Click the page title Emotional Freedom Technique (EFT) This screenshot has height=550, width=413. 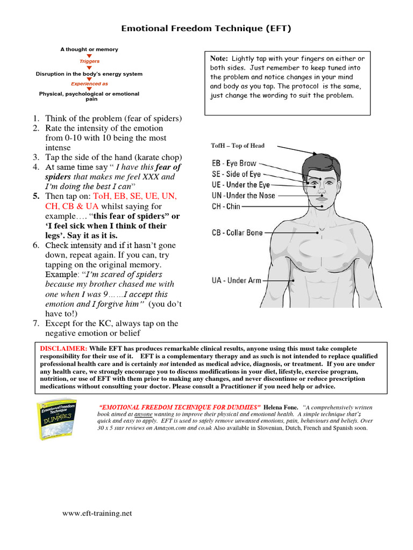pos(206,28)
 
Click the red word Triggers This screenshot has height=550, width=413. pos(89,62)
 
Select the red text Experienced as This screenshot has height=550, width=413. pos(89,84)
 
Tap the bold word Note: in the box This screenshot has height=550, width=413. pos(219,58)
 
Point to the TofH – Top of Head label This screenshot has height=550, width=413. pos(238,146)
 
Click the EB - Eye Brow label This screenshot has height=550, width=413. pos(234,163)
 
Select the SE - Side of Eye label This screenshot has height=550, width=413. pos(236,174)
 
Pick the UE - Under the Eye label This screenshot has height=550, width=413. pos(240,185)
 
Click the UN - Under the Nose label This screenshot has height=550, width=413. pos(243,196)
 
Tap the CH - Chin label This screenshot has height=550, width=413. pos(226,206)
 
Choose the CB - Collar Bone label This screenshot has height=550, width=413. pos(237,233)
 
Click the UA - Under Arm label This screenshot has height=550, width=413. pos(236,280)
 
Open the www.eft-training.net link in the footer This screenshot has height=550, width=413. pos(97,513)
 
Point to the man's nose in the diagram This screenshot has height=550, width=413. pos(321,190)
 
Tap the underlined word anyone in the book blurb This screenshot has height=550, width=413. pos(143,415)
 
